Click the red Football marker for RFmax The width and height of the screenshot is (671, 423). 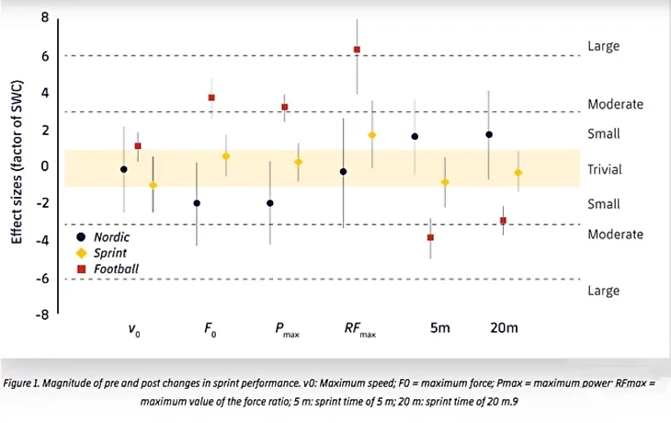point(357,50)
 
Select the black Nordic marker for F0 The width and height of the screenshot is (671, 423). point(197,203)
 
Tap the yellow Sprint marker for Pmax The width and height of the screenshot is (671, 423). point(299,162)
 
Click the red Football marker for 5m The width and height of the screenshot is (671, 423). point(430,237)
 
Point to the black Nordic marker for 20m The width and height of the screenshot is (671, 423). point(489,134)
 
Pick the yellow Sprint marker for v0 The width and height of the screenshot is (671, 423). point(153,185)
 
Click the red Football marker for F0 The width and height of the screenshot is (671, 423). point(211,97)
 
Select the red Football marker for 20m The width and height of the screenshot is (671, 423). point(503,221)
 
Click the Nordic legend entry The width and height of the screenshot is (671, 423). point(108,236)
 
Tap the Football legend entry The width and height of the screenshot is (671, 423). point(110,269)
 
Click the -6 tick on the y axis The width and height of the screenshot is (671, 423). point(42,278)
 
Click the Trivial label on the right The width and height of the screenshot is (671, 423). point(604,169)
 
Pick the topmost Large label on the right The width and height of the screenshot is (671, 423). point(603,46)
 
